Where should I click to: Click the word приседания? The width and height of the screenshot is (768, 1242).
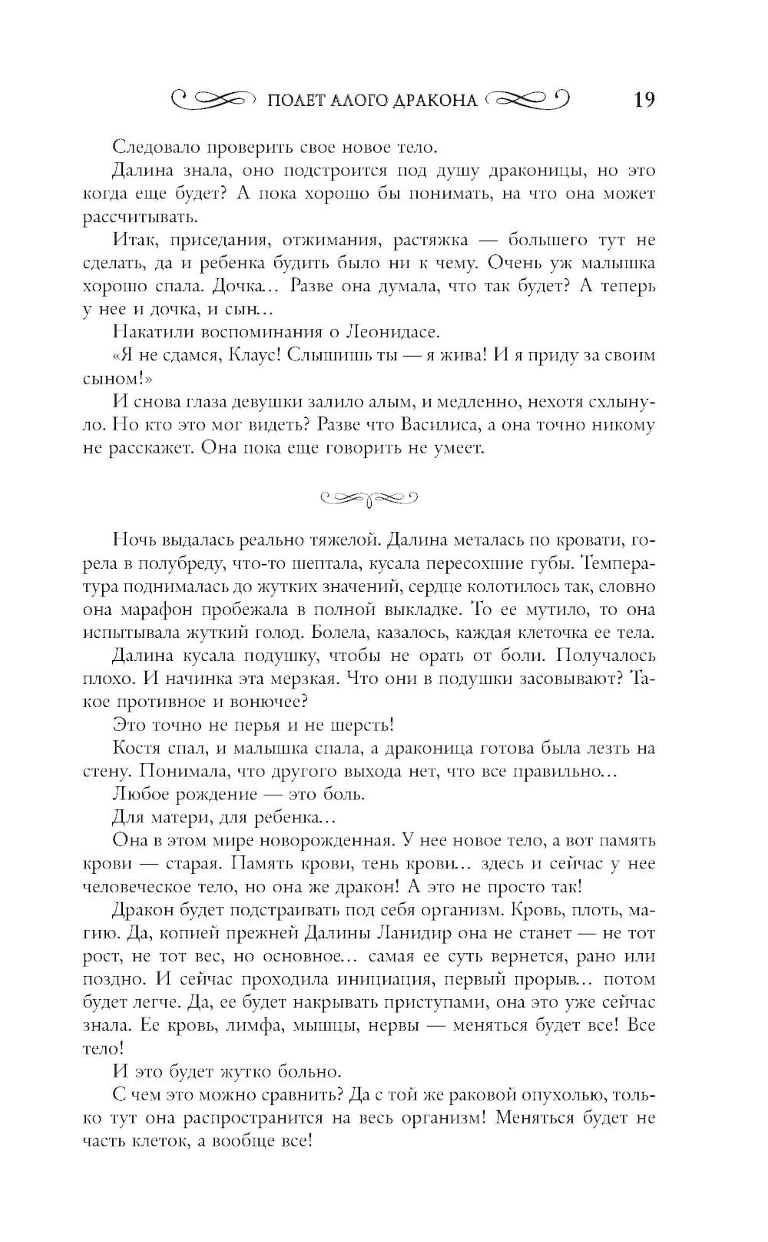tap(206, 241)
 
